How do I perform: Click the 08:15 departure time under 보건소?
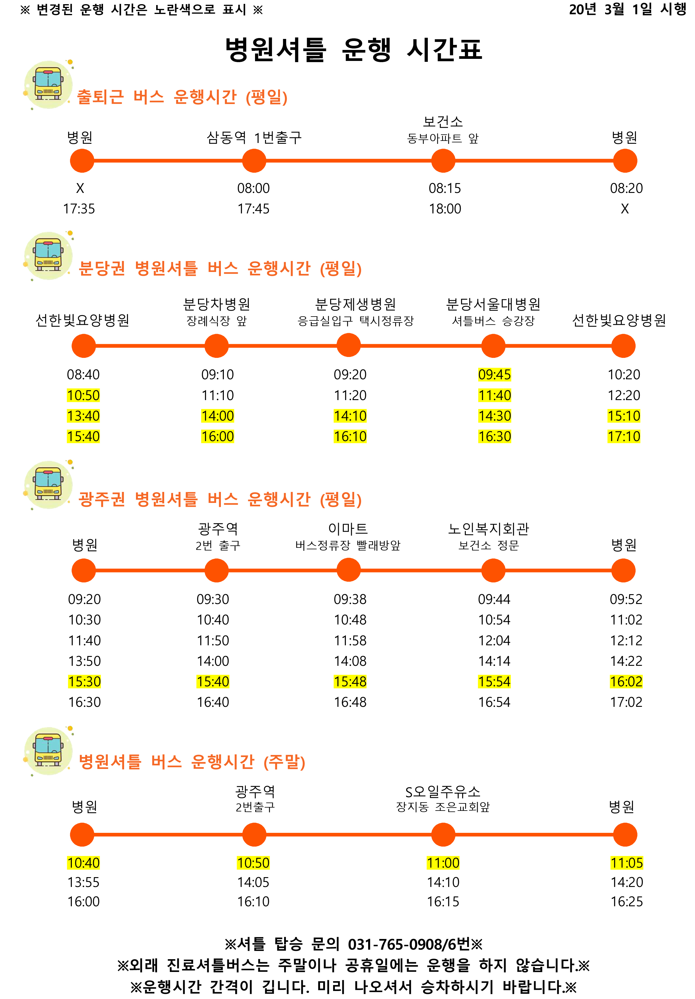click(x=445, y=188)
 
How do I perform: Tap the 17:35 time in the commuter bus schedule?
click(x=79, y=209)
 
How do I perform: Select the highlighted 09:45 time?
click(x=495, y=375)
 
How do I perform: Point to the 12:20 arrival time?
click(x=624, y=396)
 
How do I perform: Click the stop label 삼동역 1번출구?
click(x=254, y=138)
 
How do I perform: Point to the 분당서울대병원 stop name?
click(x=493, y=304)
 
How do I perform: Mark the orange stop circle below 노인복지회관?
click(x=493, y=570)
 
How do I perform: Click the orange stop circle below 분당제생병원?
click(x=349, y=345)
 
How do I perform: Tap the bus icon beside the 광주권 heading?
click(x=48, y=484)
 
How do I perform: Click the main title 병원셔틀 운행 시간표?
click(x=353, y=49)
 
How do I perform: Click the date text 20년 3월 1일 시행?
click(x=627, y=10)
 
